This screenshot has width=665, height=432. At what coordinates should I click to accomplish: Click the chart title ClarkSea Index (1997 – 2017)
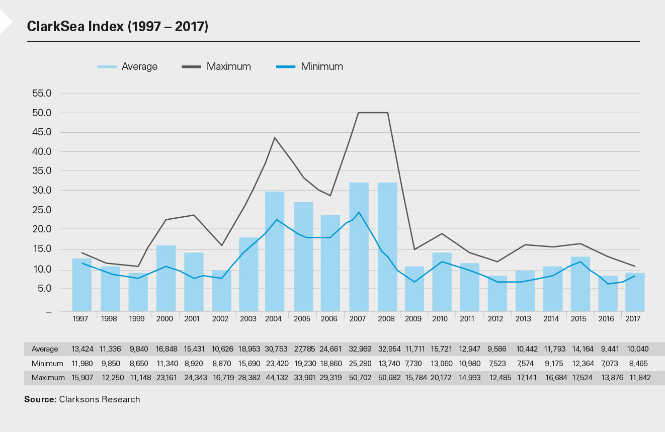[118, 27]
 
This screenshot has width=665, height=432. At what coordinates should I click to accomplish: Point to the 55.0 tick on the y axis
[42, 94]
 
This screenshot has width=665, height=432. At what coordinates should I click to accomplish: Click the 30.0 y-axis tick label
[42, 191]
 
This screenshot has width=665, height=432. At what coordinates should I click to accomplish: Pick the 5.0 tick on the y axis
[44, 289]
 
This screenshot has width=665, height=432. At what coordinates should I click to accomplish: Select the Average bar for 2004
[275, 251]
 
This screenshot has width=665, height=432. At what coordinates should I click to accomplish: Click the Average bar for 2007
[359, 246]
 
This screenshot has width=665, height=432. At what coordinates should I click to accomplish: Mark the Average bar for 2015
[580, 284]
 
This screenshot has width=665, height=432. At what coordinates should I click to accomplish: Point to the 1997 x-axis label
[81, 319]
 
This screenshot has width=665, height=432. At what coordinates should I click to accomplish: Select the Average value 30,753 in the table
[275, 349]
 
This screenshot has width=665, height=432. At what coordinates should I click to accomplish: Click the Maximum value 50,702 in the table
[359, 377]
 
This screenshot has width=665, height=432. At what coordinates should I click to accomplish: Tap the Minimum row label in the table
[47, 363]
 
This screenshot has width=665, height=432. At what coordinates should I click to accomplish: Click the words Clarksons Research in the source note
[100, 400]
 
